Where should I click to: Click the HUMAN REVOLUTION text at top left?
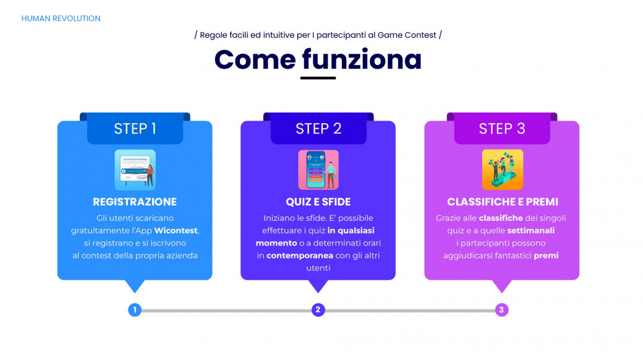(x=61, y=19)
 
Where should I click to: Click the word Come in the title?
(x=255, y=59)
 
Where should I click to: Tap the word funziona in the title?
(x=362, y=59)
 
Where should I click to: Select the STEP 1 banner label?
(x=135, y=129)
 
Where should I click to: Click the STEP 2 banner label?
(x=318, y=129)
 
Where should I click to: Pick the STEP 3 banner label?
(x=502, y=129)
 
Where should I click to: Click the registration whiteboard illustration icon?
(x=135, y=170)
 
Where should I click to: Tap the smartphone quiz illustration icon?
(x=318, y=170)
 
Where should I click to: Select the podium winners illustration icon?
(x=502, y=170)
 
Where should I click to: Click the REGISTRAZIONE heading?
(x=135, y=202)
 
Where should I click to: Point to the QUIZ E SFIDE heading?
(x=318, y=202)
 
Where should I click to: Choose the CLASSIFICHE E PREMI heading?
(x=502, y=202)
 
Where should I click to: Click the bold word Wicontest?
(x=176, y=231)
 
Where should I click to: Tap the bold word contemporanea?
(x=300, y=255)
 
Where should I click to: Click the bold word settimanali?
(x=530, y=231)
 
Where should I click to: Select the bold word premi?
(x=546, y=255)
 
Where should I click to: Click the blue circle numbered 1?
(x=135, y=310)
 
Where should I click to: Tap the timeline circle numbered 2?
(x=318, y=310)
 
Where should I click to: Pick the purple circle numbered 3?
(x=501, y=310)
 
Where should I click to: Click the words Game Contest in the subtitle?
(x=407, y=35)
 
